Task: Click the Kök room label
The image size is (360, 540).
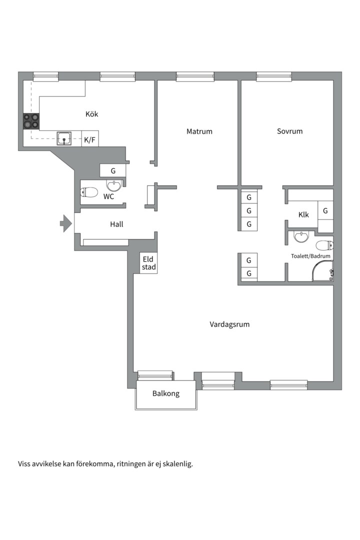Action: click(91, 114)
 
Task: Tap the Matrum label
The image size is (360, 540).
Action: click(199, 131)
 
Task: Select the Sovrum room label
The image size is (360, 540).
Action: click(289, 131)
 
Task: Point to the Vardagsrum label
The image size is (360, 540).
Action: click(229, 324)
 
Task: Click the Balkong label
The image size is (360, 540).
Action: click(166, 393)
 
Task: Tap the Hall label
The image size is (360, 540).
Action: click(116, 224)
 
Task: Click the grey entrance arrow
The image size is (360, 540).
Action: click(66, 223)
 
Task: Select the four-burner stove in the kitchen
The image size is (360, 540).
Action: click(31, 121)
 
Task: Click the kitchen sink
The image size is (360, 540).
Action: click(64, 139)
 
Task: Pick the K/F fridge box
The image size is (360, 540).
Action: click(90, 139)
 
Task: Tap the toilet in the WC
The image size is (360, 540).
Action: click(89, 192)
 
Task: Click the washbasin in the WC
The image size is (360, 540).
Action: click(113, 185)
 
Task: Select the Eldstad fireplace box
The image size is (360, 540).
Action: click(149, 263)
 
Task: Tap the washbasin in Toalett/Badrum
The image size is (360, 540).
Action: click(302, 236)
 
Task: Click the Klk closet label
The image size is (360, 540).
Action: click(303, 215)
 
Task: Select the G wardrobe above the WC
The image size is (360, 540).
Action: click(112, 170)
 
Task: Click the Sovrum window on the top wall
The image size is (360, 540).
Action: click(274, 76)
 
